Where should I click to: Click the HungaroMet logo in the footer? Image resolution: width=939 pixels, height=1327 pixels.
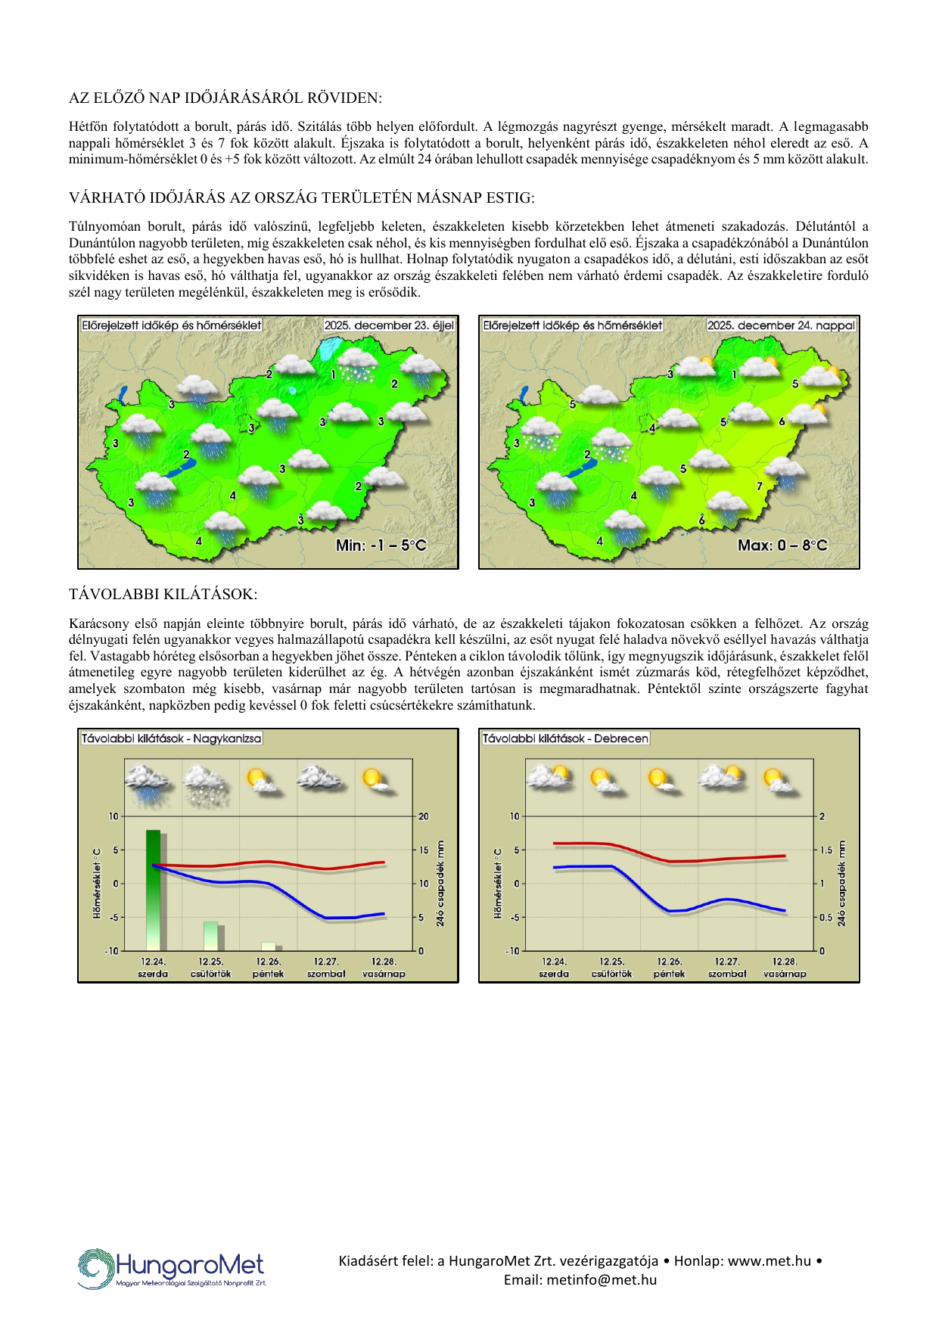click(x=172, y=1268)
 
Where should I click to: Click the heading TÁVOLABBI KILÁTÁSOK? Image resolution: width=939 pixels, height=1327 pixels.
click(x=163, y=594)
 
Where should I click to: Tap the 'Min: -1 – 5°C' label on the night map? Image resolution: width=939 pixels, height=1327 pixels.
click(x=381, y=545)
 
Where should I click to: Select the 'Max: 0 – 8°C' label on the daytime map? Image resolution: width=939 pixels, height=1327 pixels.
click(x=782, y=545)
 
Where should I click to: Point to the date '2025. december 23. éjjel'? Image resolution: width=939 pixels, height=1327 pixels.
click(x=389, y=325)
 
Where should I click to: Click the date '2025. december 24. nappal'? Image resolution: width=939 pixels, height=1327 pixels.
click(x=781, y=325)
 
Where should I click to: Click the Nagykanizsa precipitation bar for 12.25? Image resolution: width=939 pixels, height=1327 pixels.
click(x=211, y=935)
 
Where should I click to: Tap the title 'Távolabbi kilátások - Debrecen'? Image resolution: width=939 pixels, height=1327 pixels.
click(x=565, y=738)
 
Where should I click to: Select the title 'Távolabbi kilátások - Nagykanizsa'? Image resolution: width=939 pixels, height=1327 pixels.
click(x=171, y=738)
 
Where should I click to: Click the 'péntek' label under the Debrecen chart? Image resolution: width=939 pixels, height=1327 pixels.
click(x=669, y=974)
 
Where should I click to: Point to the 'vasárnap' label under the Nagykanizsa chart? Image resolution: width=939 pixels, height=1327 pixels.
click(x=384, y=974)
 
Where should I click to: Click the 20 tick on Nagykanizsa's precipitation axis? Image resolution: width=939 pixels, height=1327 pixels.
click(x=424, y=816)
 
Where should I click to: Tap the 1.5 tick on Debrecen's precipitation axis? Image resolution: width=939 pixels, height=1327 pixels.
click(x=826, y=850)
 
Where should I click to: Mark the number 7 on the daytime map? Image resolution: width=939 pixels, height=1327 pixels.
click(x=760, y=486)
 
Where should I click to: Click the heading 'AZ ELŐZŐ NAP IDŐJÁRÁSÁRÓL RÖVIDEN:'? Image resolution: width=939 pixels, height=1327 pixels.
click(x=225, y=98)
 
